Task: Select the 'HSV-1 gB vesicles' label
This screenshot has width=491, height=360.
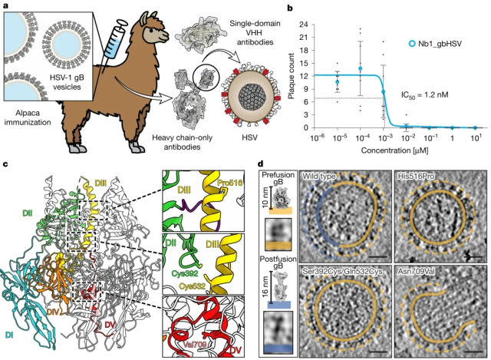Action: coord(67,82)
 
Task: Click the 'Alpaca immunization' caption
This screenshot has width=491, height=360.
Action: coord(28,117)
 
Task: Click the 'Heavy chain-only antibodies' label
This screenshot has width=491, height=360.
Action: coord(182,142)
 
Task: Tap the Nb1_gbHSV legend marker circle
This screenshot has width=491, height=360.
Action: coord(413,44)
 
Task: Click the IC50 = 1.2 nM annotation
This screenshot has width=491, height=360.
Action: coord(424,94)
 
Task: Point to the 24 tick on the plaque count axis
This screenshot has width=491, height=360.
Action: coord(303,25)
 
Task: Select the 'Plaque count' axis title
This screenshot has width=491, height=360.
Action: coord(292,76)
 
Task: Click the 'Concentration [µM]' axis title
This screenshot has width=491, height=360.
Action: coord(394,150)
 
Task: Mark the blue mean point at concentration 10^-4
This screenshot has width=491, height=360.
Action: coord(361,68)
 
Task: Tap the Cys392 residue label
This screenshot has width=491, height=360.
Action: coord(185,273)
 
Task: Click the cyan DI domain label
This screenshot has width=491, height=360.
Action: coord(10,335)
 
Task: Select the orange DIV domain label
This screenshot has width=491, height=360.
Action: coord(53,312)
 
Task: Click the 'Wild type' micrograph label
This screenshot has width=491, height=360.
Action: coord(319,177)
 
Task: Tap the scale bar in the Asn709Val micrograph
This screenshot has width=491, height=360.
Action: coord(474,352)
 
